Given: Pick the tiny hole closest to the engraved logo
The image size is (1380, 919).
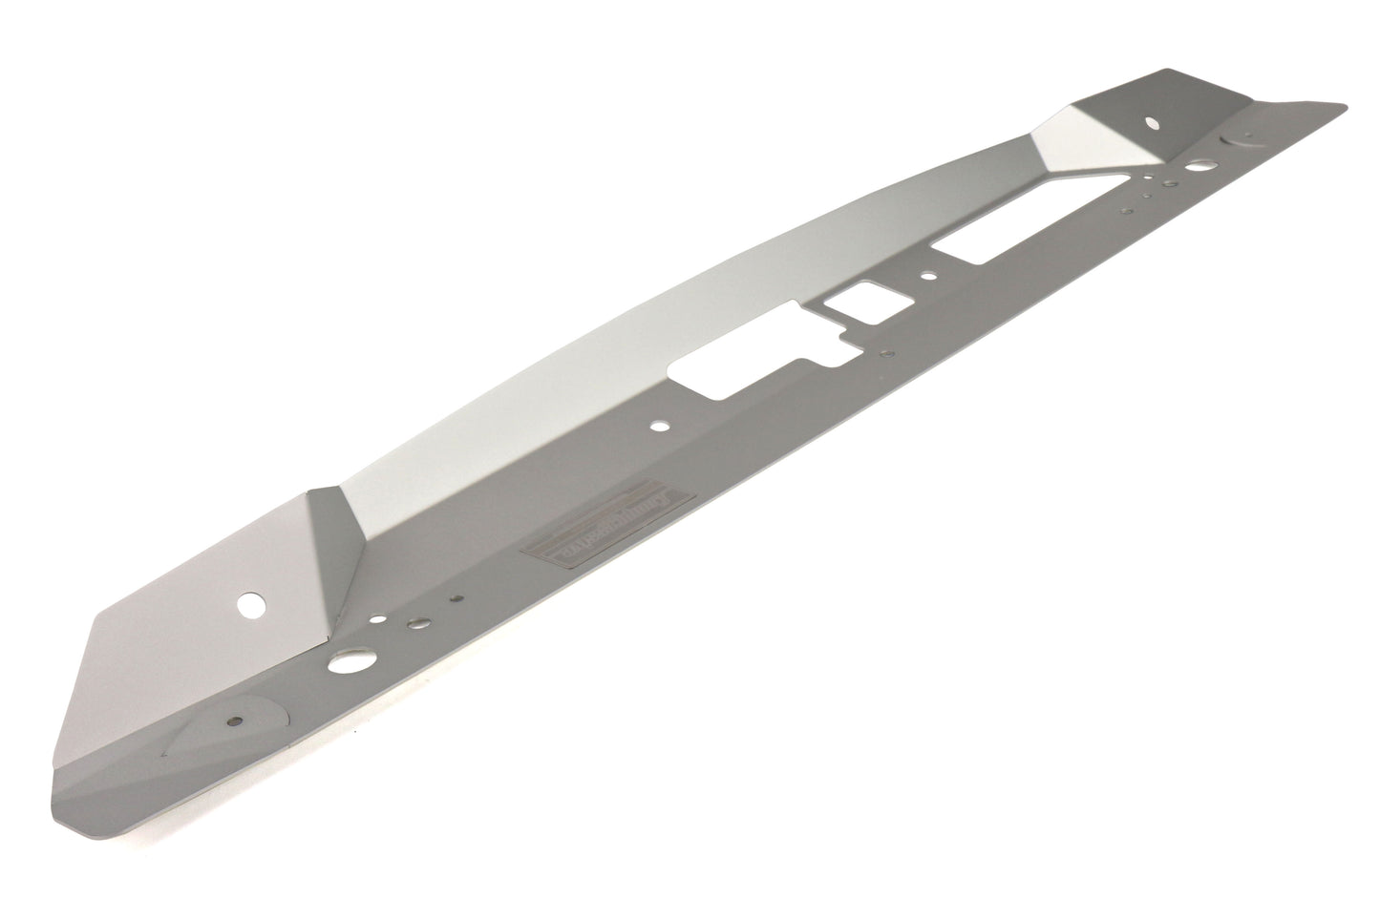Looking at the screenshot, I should [x=459, y=600].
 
